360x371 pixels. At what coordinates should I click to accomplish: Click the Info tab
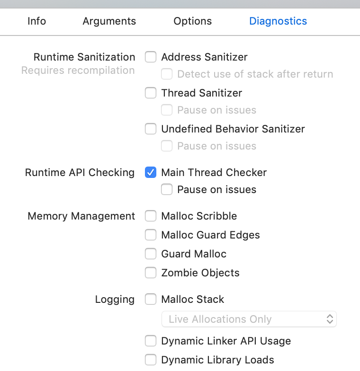click(x=37, y=21)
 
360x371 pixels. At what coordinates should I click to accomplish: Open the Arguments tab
click(x=109, y=21)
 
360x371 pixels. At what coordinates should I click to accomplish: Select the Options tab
click(x=192, y=21)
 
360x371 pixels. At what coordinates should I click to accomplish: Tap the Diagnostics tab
click(x=278, y=21)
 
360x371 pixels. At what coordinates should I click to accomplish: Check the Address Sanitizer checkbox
click(x=151, y=57)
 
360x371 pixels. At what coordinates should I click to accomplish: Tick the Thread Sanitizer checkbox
click(x=151, y=93)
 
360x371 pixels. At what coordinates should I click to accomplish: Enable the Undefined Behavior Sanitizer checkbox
click(x=151, y=129)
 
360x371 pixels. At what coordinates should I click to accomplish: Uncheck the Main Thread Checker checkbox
click(x=151, y=172)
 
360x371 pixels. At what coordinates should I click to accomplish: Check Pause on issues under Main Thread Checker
click(x=167, y=189)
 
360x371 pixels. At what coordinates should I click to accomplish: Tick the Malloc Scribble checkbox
click(x=151, y=216)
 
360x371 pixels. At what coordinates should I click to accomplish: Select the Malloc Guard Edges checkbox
click(x=151, y=235)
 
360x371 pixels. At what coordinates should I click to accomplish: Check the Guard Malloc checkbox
click(x=151, y=254)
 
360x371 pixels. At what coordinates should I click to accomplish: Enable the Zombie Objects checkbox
click(x=151, y=273)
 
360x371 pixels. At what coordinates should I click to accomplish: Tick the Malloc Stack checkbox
click(x=151, y=299)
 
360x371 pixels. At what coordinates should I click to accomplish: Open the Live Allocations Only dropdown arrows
click(x=330, y=319)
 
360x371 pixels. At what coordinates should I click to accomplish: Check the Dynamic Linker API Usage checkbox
click(x=151, y=341)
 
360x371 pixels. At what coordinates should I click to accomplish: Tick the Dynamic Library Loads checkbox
click(x=151, y=360)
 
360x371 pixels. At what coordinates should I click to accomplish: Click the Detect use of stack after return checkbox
click(x=167, y=74)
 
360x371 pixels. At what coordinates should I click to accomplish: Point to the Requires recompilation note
click(x=78, y=71)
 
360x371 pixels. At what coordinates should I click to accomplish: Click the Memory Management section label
click(x=81, y=216)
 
